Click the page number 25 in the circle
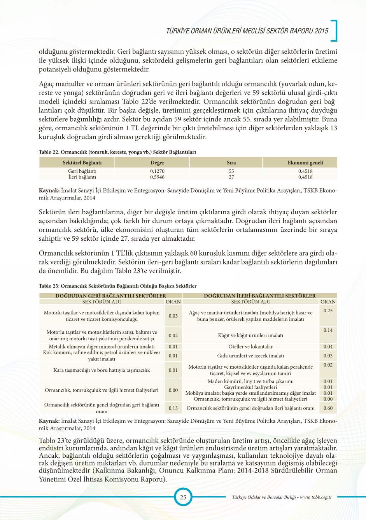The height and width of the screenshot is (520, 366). [x=183, y=497]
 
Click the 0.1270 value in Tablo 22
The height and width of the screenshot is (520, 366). [x=157, y=171]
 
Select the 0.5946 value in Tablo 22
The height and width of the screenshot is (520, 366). [x=157, y=177]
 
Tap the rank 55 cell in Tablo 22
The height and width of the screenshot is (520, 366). [x=231, y=171]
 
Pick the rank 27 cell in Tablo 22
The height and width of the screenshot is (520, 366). [x=231, y=177]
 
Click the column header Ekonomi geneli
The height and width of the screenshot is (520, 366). [x=305, y=163]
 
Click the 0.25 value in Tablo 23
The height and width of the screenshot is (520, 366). [x=328, y=311]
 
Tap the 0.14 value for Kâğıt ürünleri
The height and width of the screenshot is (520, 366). [x=328, y=330]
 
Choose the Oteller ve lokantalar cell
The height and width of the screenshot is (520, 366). [x=250, y=347]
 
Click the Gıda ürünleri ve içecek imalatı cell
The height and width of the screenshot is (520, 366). [x=250, y=355]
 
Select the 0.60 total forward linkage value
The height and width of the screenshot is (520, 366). [x=328, y=408]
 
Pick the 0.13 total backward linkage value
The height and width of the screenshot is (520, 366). [x=173, y=408]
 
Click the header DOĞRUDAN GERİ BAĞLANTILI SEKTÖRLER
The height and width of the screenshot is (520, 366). [x=110, y=296]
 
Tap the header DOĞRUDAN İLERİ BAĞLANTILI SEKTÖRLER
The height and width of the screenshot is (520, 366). [x=259, y=296]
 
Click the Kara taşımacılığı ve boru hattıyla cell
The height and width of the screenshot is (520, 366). [x=102, y=370]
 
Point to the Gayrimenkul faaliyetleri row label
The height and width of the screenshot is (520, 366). [x=250, y=387]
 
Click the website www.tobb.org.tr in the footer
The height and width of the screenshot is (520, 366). [x=316, y=497]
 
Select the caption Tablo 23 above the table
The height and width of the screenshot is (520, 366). [x=117, y=286]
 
